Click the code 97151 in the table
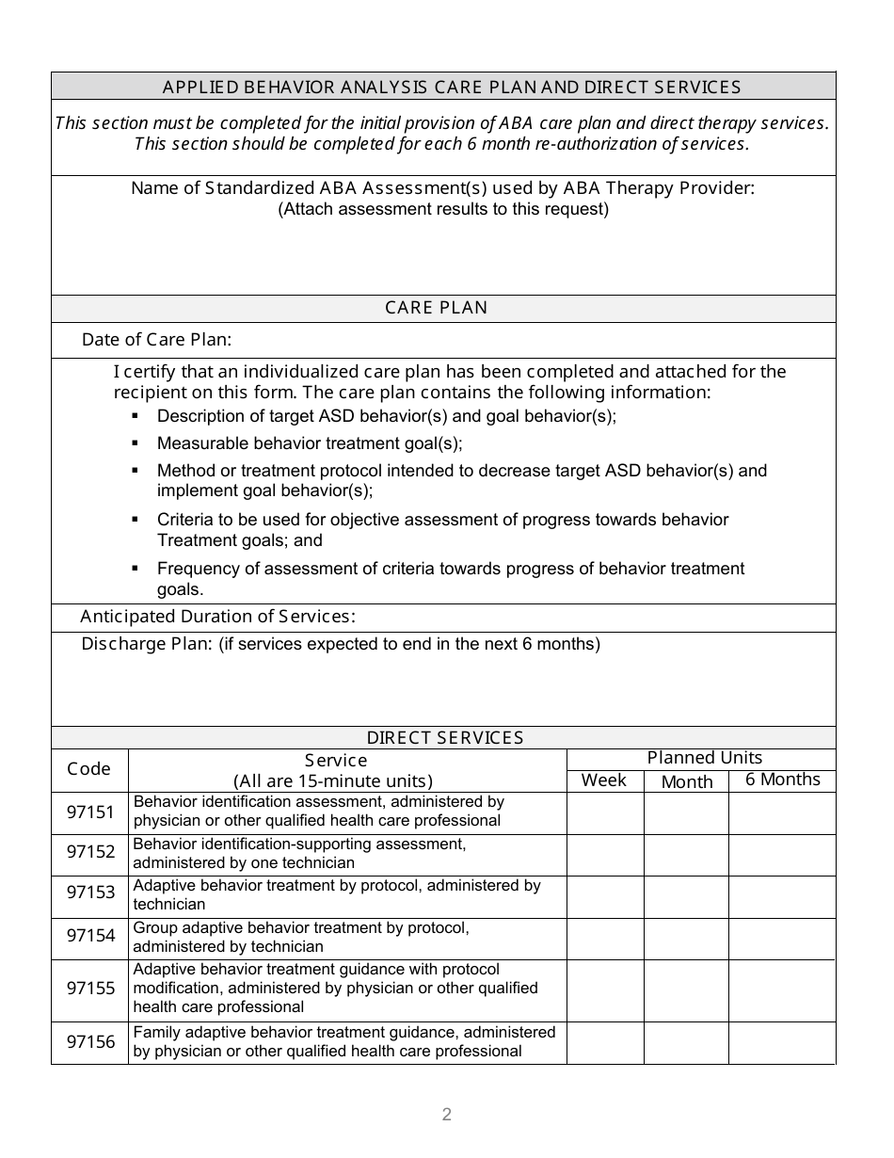coord(90,812)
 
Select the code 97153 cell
coord(90,893)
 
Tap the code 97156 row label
coord(90,1042)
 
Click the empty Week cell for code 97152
coord(605,855)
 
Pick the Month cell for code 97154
coord(686,939)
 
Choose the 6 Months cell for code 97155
coord(782,990)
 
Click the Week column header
coord(604,780)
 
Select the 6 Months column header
coord(782,780)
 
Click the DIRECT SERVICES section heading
coord(444,738)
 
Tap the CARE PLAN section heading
coord(437,308)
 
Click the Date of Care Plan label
coord(156,340)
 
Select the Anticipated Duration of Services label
coord(217,617)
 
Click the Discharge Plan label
coord(147,644)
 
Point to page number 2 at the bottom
coord(447,1115)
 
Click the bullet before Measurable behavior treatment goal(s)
coord(136,442)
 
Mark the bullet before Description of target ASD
coord(136,415)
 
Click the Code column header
coord(89,769)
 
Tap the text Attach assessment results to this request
coord(443,209)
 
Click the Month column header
coord(687,782)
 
